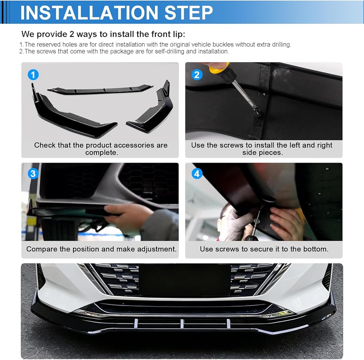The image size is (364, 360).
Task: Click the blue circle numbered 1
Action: pos(33,75)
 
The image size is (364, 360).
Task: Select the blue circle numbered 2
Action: pos(197,75)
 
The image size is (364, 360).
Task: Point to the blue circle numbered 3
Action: pos(33,173)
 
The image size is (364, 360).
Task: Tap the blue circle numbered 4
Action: pos(197,173)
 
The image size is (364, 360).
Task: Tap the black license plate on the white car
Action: pos(185,280)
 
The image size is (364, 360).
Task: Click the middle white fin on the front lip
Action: pos(182,324)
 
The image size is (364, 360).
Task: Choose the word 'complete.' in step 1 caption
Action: pos(102,153)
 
